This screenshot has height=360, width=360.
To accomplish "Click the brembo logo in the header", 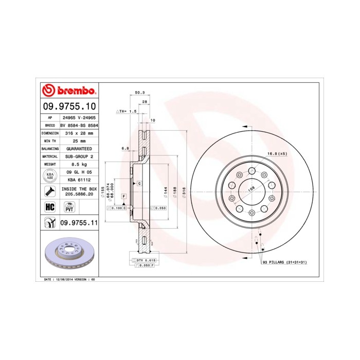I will point(69,91).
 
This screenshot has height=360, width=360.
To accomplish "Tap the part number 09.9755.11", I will point(79,222).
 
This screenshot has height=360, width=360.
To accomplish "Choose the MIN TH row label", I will point(47,140).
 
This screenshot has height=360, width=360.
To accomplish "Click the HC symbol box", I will point(50,206).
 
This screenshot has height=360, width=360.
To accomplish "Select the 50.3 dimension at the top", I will point(139,92).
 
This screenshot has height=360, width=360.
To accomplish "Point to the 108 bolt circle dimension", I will point(251,189).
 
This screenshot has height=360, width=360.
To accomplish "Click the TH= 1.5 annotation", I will point(127,111).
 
